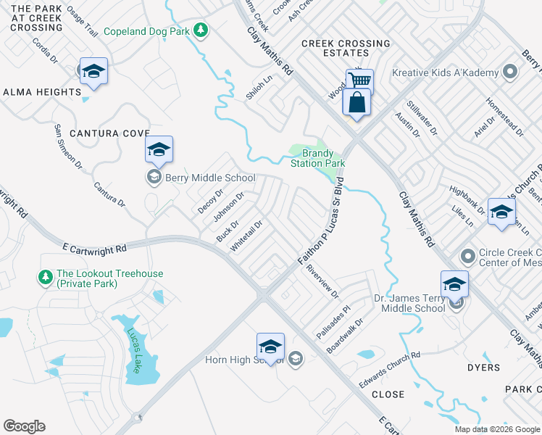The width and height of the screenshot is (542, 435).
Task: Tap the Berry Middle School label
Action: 210,178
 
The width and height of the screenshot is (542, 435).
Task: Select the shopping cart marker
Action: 359,80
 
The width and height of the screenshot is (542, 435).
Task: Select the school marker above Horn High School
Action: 270,347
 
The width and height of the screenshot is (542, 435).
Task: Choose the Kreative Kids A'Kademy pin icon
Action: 511,72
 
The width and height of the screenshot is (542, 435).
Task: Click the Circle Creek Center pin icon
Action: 467,257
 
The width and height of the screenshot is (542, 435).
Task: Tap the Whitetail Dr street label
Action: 245,236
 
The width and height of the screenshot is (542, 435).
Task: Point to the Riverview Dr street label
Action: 322,281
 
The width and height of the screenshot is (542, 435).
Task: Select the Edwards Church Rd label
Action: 389,369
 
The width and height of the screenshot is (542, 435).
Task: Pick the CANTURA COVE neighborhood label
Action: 109,133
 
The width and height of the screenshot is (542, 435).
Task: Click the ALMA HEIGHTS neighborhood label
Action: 42,92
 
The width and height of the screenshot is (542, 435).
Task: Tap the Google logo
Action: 25,426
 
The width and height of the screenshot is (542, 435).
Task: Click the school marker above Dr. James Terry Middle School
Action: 454,284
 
